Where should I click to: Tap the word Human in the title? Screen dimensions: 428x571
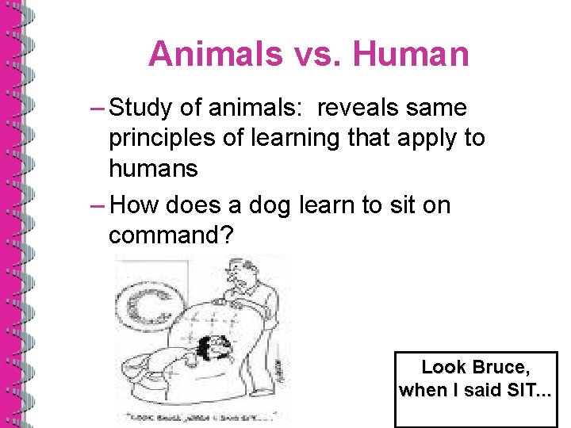[411, 55]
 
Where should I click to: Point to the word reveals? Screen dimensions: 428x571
[365, 107]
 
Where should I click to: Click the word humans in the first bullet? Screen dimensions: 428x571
[153, 168]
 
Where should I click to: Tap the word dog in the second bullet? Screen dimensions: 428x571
[270, 205]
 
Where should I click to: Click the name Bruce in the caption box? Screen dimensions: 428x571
[499, 367]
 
